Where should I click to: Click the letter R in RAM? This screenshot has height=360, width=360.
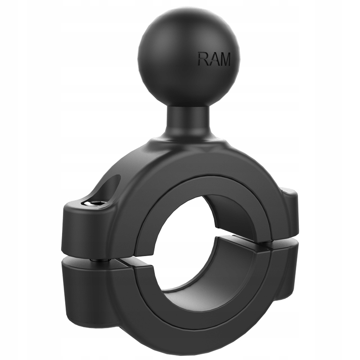point(203,58)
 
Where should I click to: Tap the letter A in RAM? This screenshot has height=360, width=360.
point(213,58)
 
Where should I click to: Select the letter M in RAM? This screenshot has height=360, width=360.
point(224,58)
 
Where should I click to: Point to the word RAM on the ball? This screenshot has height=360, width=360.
point(214,58)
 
